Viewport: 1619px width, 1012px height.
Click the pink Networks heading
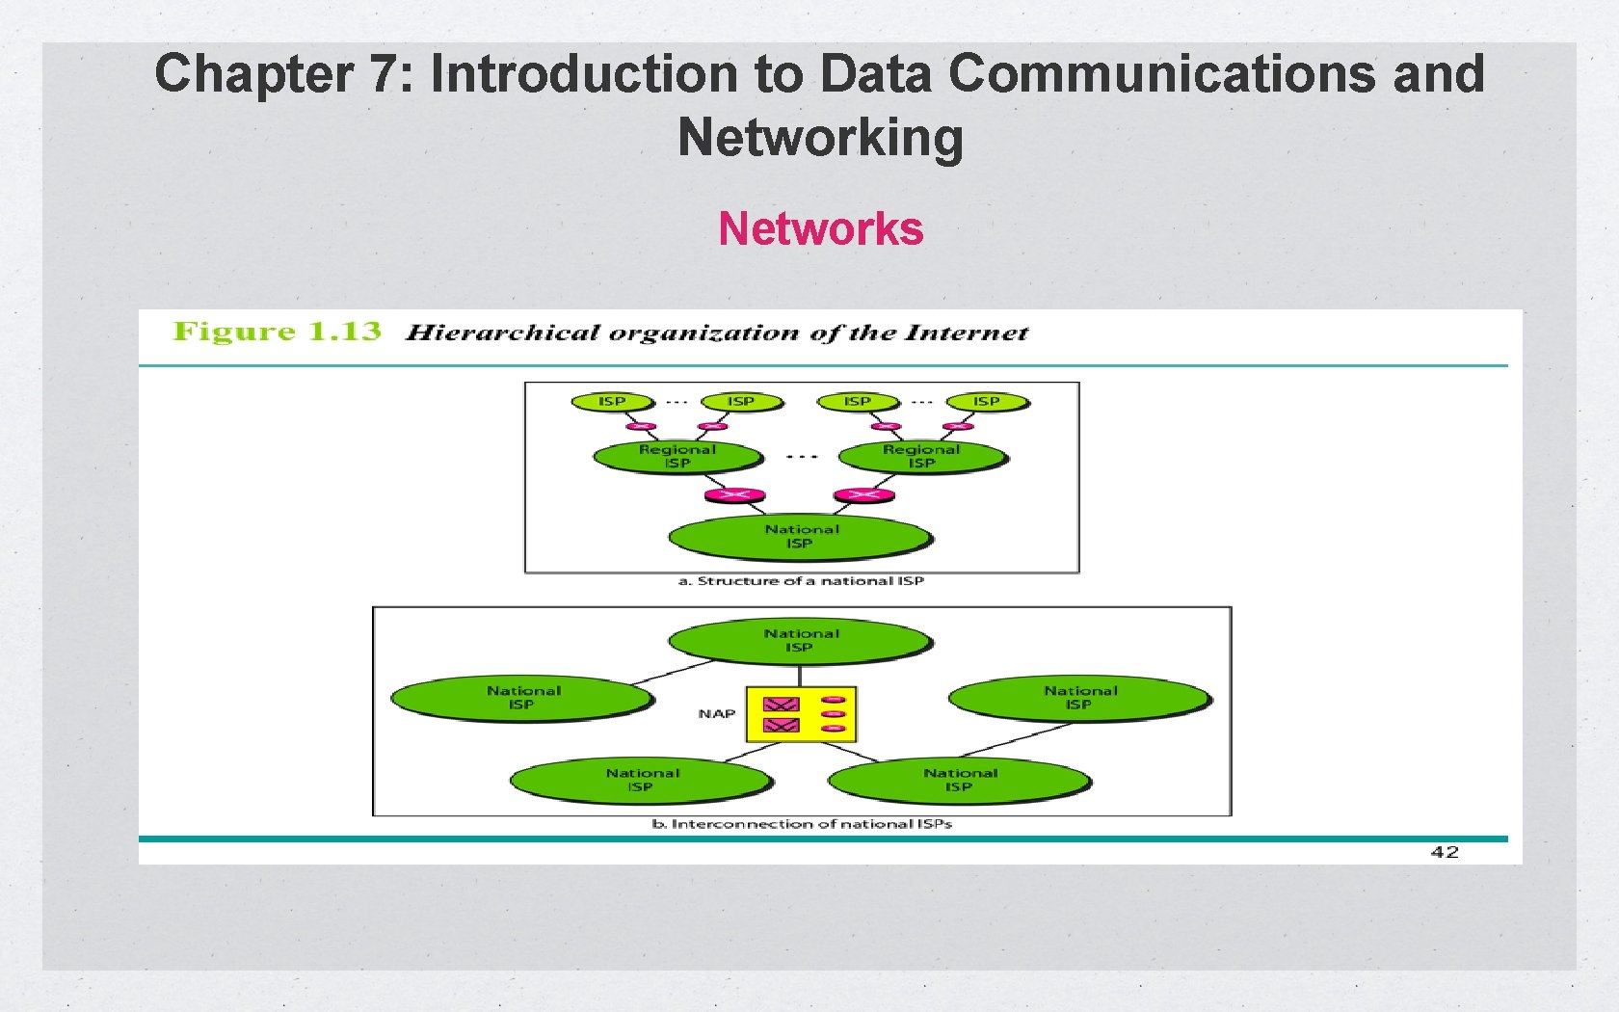pyautogui.click(x=821, y=229)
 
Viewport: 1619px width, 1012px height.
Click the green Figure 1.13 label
pyautogui.click(x=277, y=332)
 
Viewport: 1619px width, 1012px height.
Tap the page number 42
pyautogui.click(x=1444, y=852)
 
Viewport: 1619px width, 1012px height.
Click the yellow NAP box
pyautogui.click(x=801, y=714)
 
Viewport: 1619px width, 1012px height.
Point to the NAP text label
pyautogui.click(x=716, y=714)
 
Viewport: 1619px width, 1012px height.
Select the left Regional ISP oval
pyautogui.click(x=677, y=457)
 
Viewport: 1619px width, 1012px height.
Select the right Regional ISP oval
pyautogui.click(x=922, y=457)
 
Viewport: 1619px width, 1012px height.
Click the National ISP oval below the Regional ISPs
pyautogui.click(x=801, y=537)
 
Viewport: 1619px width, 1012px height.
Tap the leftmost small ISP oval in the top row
pyautogui.click(x=612, y=402)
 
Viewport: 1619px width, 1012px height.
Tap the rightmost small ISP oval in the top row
pyautogui.click(x=987, y=402)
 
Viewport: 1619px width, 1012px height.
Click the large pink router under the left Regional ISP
pyautogui.click(x=734, y=495)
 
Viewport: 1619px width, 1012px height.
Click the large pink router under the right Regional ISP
pyautogui.click(x=863, y=495)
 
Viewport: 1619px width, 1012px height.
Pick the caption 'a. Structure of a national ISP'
pyautogui.click(x=801, y=581)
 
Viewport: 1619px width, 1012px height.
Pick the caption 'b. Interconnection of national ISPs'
pyautogui.click(x=802, y=824)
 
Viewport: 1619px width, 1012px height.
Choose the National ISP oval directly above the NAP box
pyautogui.click(x=801, y=641)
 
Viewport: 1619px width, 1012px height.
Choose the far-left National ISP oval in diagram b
pyautogui.click(x=522, y=698)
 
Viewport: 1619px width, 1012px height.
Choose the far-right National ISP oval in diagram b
pyautogui.click(x=1079, y=698)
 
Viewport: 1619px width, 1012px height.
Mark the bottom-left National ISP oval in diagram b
pyautogui.click(x=642, y=780)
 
